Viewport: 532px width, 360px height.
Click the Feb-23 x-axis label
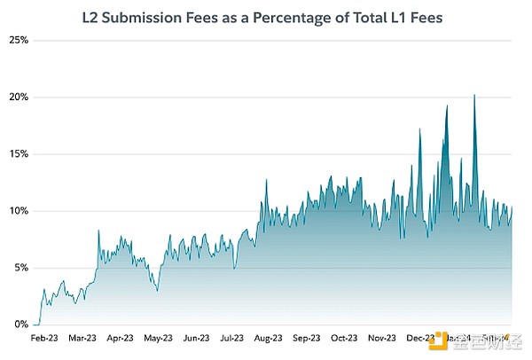tap(44, 339)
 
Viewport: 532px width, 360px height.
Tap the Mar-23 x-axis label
tap(82, 339)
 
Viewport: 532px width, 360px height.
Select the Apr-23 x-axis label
tap(120, 339)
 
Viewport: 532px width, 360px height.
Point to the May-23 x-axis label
tap(157, 339)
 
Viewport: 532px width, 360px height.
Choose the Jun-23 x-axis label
tap(194, 339)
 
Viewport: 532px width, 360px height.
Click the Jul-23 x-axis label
tap(231, 339)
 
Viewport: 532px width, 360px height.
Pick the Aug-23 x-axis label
tap(269, 339)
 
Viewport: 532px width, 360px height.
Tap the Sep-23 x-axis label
tap(307, 339)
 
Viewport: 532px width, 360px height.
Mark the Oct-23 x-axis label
tap(344, 339)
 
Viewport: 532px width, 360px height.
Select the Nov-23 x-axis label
tap(381, 339)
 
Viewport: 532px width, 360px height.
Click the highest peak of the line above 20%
tap(474, 95)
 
